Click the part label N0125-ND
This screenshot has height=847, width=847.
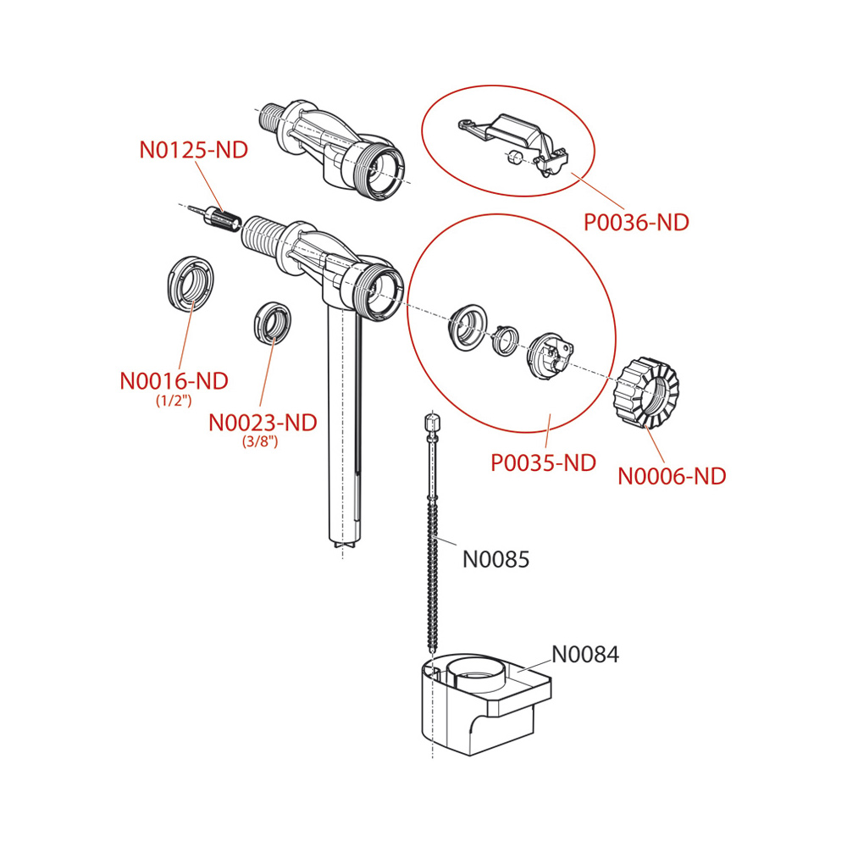tap(193, 151)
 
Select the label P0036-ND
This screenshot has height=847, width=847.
tap(637, 223)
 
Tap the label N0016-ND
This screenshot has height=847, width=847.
tap(174, 380)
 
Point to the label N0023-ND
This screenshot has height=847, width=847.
tap(263, 422)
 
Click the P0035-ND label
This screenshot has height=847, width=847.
tap(544, 463)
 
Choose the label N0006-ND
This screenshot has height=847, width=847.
tap(672, 476)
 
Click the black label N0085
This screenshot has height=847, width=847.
tap(495, 559)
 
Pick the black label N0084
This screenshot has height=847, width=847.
tap(585, 654)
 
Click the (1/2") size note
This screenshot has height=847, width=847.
tap(174, 401)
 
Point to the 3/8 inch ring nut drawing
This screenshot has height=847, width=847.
tap(271, 322)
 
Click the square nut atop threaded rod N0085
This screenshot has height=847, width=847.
tap(433, 422)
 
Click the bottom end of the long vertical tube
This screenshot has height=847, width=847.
tap(343, 546)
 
